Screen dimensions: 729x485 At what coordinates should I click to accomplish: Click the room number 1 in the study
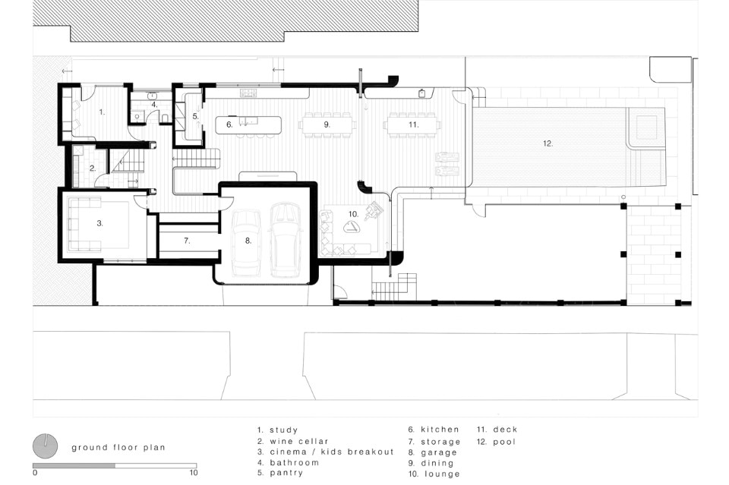102,112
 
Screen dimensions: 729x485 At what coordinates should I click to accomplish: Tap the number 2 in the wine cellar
93,168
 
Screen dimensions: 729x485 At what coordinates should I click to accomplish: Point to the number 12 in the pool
548,143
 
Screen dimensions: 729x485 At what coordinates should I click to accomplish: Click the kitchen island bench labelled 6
248,125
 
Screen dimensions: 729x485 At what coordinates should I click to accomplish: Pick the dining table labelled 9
327,124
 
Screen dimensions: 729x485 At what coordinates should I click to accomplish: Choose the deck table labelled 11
412,124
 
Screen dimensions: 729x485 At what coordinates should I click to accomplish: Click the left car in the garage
246,244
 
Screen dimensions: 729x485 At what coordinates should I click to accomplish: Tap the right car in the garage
286,240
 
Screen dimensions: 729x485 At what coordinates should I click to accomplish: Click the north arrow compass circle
45,446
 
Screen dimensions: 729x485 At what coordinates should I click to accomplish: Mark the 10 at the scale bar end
194,473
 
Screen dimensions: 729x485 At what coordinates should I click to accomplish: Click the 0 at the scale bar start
36,473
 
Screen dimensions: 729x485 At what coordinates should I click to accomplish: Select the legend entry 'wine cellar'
299,441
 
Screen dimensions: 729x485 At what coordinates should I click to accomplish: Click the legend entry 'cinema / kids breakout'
332,452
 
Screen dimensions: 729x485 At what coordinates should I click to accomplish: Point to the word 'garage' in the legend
438,452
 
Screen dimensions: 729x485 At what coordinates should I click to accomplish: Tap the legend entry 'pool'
504,442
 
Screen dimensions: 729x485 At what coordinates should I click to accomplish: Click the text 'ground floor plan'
118,448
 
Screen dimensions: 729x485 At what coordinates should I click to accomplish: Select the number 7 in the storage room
187,241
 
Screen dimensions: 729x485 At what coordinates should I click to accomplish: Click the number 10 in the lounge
353,214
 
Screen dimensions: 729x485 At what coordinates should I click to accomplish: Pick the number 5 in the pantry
195,116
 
